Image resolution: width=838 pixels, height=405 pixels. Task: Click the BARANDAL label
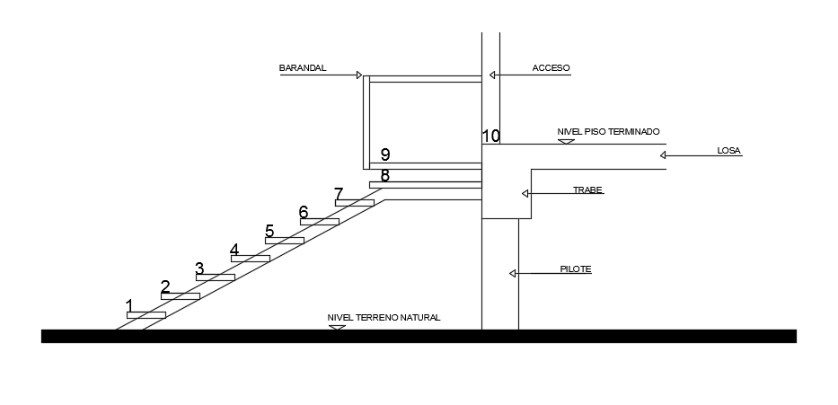302,68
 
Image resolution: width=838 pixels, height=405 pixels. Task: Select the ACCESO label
551,68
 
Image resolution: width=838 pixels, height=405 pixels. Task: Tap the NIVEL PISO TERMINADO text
609,131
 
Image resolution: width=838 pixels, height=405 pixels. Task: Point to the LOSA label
728,150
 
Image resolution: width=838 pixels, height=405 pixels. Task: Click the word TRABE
587,190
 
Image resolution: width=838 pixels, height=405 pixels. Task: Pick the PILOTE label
576,269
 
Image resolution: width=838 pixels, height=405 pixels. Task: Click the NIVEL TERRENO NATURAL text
384,318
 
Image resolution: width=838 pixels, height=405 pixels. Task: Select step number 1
130,305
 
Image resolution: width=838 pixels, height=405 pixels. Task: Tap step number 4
234,249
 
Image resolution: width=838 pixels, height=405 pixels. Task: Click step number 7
339,193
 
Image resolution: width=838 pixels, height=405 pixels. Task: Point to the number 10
490,136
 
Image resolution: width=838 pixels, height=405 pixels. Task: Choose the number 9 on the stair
384,154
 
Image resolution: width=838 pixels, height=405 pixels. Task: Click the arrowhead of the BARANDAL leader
358,75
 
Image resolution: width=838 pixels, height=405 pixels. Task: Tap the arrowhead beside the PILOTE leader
512,273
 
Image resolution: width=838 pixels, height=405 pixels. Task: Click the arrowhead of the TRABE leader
525,193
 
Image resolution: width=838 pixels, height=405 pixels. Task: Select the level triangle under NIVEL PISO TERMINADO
567,141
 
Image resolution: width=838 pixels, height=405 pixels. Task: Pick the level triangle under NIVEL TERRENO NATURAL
337,327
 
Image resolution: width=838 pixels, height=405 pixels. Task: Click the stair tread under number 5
284,240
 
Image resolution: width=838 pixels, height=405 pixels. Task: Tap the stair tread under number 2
180,296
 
